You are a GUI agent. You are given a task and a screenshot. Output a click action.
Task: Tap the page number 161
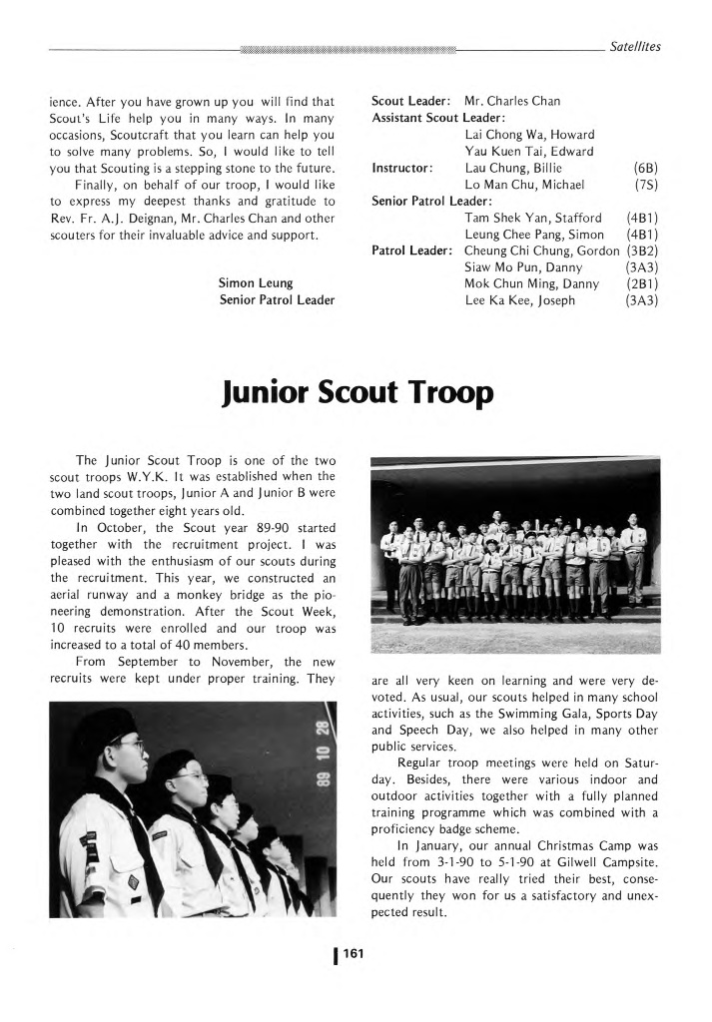click(x=355, y=955)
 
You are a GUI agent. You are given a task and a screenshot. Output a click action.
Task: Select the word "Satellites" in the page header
click(x=633, y=46)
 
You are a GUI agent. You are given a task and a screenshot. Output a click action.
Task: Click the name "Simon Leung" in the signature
click(x=256, y=282)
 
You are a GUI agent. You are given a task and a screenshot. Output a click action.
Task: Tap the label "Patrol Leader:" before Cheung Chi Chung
click(x=414, y=253)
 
